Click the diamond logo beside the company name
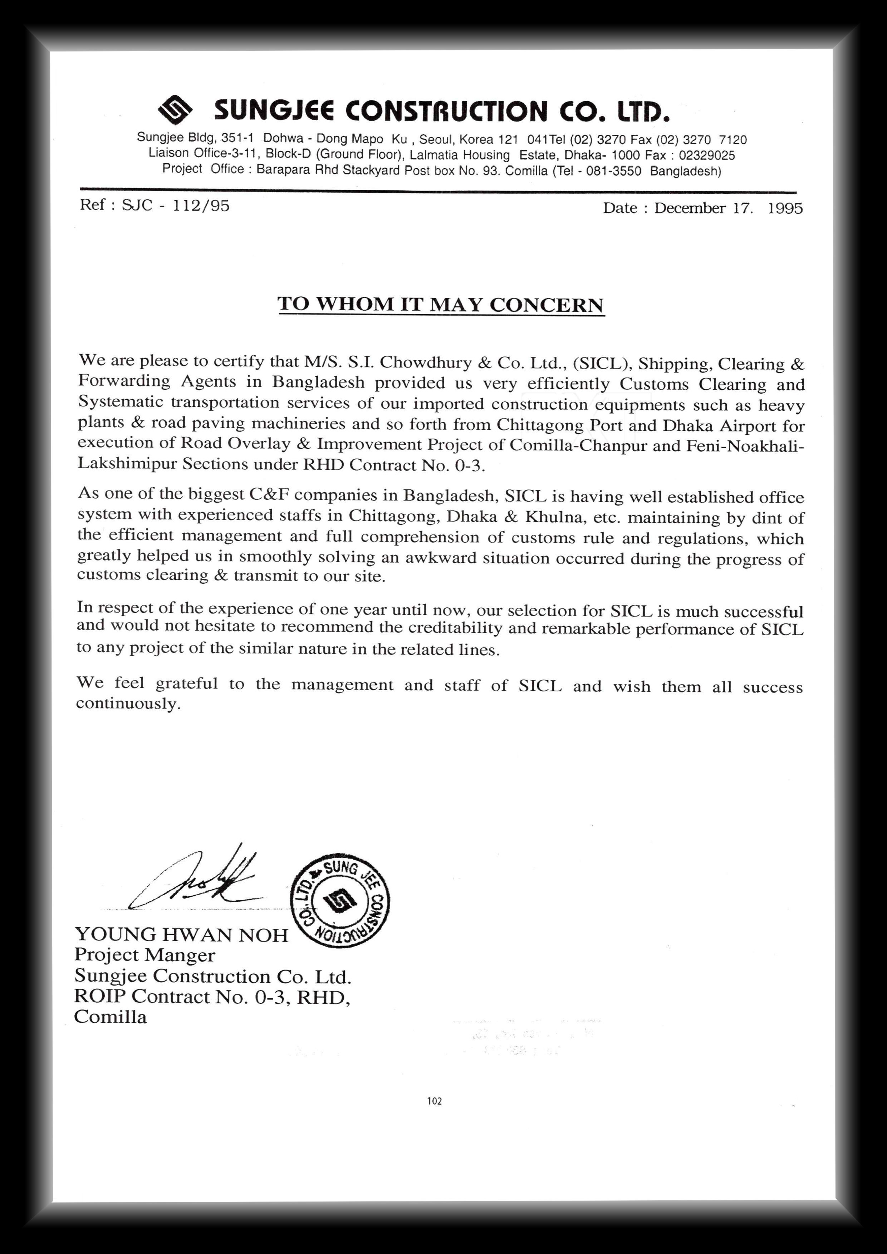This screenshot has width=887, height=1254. [x=175, y=109]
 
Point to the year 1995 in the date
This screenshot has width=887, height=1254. [x=785, y=208]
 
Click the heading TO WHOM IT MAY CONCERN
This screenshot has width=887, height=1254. [x=441, y=304]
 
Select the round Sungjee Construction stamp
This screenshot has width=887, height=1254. [x=340, y=900]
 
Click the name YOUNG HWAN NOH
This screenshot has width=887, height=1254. [x=181, y=934]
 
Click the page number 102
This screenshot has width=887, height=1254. [x=435, y=1101]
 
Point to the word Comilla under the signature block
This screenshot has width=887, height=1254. [x=111, y=1017]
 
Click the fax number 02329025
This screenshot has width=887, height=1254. [x=707, y=155]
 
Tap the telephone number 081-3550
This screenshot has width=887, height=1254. [x=613, y=171]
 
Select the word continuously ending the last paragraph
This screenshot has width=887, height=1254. [x=128, y=703]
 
